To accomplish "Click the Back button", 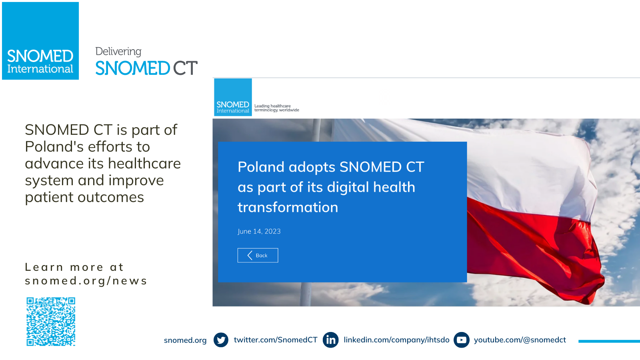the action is tap(258, 255).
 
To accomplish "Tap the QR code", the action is tap(51, 322).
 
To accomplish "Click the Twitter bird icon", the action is tap(221, 340).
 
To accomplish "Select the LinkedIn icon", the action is tap(330, 340).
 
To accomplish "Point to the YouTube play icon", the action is tap(462, 340).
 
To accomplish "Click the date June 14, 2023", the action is tap(259, 231).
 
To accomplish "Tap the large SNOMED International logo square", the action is tap(40, 41).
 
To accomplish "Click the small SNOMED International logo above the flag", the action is tap(233, 97).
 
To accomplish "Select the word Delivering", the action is tap(118, 52).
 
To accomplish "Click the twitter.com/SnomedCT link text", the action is tap(276, 340).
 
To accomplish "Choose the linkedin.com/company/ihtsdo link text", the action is tap(396, 340).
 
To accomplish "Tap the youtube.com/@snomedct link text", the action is tap(520, 340).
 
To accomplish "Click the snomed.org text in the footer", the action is tap(185, 340).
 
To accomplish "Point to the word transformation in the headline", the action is tap(288, 207).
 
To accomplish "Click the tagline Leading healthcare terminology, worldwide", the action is tap(276, 108).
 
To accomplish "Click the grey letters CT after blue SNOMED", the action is tap(185, 68).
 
